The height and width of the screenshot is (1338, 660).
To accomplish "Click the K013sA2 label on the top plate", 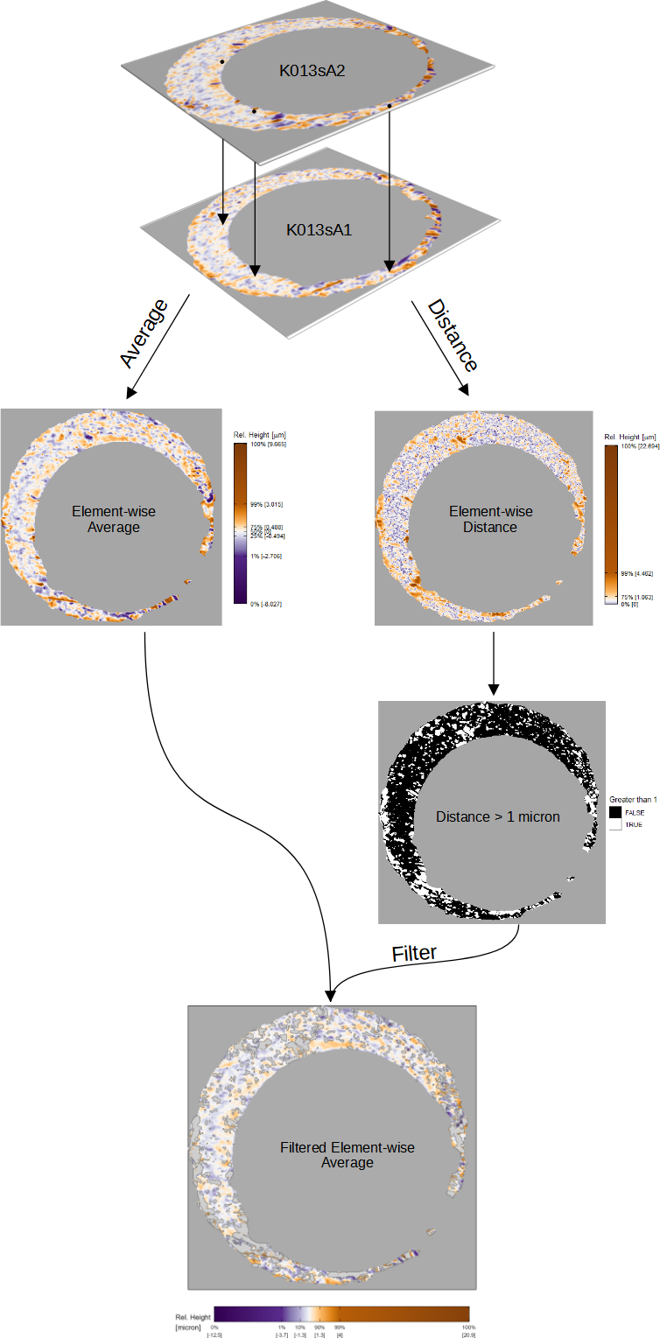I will pos(312,71).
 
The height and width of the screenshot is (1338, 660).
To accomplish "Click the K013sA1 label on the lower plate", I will pos(319,231).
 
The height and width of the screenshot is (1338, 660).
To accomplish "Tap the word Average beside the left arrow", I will pos(144,335).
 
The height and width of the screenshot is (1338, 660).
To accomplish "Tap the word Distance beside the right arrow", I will pos(453,335).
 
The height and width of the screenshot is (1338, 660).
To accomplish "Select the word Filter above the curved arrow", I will pos(414,953).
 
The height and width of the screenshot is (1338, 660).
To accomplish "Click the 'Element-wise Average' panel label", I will pos(113,520).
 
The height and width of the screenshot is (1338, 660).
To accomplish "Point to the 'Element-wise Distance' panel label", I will pos(490,520).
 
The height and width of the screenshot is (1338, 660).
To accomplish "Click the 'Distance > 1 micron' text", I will pos(498,816).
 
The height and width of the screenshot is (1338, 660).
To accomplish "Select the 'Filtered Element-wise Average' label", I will pos(348,1155).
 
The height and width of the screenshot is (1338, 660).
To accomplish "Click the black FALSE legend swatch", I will pos(614,813).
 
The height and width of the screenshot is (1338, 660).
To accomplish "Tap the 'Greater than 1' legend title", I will pos(633,800).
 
